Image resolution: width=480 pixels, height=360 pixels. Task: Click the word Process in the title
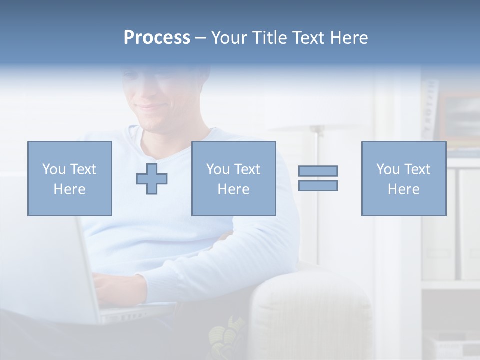157,38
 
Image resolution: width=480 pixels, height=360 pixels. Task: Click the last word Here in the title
349,38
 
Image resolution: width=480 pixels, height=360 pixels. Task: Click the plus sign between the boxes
152,178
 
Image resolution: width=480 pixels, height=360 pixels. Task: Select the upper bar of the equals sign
318,171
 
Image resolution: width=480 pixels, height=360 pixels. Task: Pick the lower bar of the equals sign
318,185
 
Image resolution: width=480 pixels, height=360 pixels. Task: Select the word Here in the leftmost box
70,189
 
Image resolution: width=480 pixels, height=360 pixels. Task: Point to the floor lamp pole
317,200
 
